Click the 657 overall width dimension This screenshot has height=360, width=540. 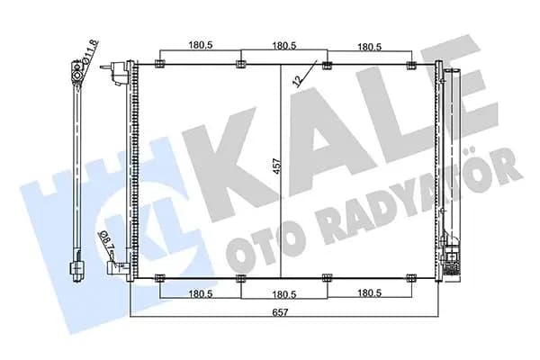(280, 312)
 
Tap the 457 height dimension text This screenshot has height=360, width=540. (278, 166)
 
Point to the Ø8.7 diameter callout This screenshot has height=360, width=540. (105, 240)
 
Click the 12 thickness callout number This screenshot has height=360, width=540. (297, 80)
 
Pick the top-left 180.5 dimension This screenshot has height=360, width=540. (201, 45)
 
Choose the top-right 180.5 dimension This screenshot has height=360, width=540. (370, 47)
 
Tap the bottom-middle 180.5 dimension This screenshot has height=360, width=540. (284, 294)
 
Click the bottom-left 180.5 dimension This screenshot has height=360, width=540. (201, 293)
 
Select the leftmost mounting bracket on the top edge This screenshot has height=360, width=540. (160, 64)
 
